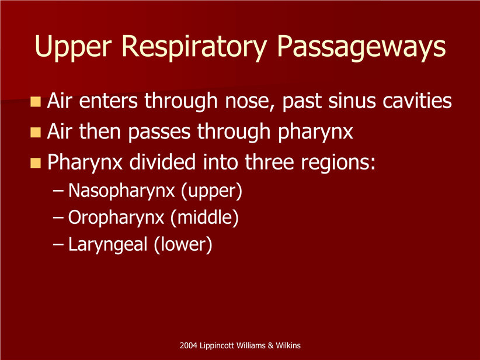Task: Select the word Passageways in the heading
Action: tap(361, 47)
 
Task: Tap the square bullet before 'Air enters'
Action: tap(36, 102)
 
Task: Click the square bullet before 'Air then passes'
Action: tap(36, 132)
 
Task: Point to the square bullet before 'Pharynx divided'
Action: tap(36, 163)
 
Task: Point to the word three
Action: tap(269, 162)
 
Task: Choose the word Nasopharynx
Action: tap(121, 191)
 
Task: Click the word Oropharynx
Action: tap(116, 218)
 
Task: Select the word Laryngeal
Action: tap(108, 245)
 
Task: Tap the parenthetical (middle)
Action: tap(204, 218)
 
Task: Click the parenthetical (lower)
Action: tap(183, 245)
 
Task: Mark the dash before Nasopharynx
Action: tap(58, 191)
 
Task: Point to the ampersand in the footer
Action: tap(270, 345)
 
